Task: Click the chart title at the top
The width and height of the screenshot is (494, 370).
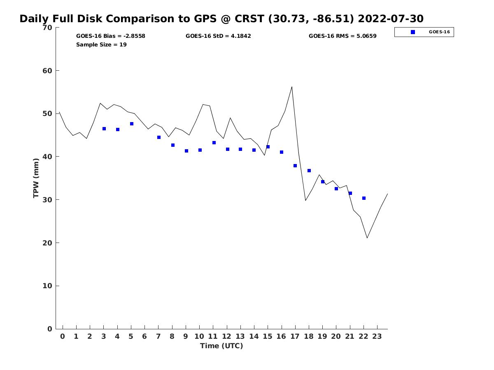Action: pos(221,19)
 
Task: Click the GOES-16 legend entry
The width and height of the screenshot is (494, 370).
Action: pos(424,32)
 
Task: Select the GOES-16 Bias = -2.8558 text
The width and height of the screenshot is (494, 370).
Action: pos(111,36)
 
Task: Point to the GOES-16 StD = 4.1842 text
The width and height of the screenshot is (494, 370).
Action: pos(218,36)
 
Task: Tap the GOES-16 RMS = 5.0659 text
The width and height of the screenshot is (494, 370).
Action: pos(343,36)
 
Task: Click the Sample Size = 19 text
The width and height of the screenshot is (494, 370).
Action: pos(101,45)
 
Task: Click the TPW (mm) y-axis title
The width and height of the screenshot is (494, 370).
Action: pos(36,178)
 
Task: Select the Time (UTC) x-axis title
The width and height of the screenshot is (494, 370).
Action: pos(221,346)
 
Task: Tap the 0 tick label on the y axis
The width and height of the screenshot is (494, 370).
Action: pos(49,329)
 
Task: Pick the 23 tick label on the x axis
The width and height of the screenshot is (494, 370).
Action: pos(377,336)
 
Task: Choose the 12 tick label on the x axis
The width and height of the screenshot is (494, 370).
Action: pos(227,336)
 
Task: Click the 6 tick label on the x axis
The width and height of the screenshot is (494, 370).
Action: pos(144,336)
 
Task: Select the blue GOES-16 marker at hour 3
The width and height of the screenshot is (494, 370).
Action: pos(104,129)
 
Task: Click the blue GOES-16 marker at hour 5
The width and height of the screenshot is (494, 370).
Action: pos(132,124)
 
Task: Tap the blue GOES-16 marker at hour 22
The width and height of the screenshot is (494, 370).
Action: pos(364,198)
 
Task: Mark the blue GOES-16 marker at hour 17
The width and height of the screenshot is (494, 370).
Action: pos(295,166)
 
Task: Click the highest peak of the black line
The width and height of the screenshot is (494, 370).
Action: pos(292,87)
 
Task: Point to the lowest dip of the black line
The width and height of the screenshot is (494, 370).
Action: pos(367,238)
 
